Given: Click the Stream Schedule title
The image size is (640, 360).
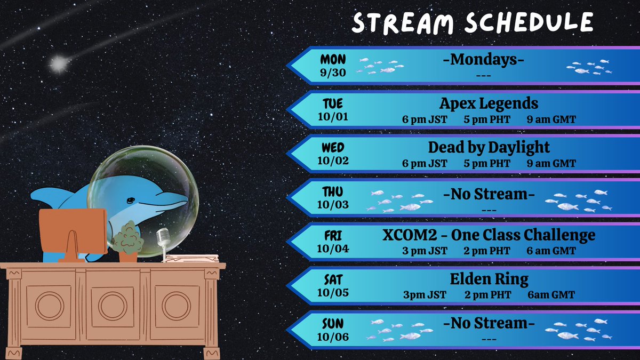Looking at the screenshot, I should (x=473, y=23).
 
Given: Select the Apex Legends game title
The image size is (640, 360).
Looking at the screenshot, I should (x=489, y=103).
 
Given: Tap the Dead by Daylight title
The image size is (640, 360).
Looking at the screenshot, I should (x=489, y=147).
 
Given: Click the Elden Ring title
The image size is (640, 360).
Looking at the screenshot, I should (x=489, y=278).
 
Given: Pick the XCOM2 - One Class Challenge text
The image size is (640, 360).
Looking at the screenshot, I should (x=489, y=235).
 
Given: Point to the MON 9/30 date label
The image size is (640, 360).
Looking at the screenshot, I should (x=333, y=66).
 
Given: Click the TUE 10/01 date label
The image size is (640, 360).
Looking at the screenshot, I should (x=333, y=109).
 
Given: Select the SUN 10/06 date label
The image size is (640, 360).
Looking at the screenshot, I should (x=333, y=330).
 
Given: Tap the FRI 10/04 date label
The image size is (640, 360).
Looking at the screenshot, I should (x=333, y=241).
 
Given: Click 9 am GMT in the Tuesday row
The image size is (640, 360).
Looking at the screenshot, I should (x=551, y=120).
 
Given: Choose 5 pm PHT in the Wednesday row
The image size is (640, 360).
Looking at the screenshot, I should (x=487, y=164).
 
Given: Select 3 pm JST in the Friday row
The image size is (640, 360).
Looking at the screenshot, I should (x=425, y=251).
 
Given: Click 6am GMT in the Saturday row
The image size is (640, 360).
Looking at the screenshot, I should (x=551, y=295).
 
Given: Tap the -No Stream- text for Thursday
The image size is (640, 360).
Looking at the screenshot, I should (x=489, y=195).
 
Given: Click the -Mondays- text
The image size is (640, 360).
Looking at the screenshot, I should (x=483, y=59).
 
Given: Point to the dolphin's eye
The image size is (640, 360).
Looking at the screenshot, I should (x=130, y=201).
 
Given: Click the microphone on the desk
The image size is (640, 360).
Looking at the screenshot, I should (x=163, y=238).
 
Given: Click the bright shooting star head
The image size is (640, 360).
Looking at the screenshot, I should (x=58, y=65).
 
